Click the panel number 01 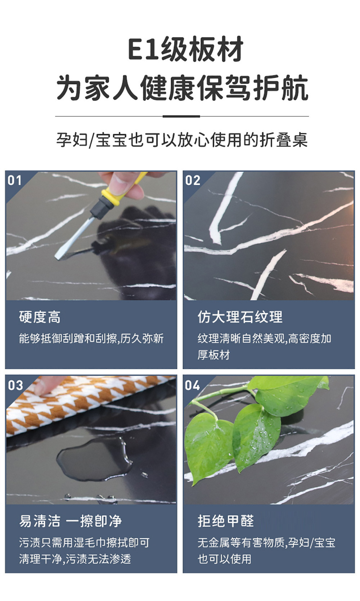[x=14, y=180]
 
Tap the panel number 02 [x=193, y=180]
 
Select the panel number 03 [x=15, y=385]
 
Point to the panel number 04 [x=193, y=385]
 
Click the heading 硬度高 [x=40, y=317]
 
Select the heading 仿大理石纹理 [x=240, y=317]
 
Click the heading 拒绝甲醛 [x=226, y=521]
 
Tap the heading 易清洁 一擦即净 [x=70, y=521]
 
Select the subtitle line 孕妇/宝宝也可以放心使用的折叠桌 [x=182, y=140]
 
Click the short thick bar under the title [x=181, y=116]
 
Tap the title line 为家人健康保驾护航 [x=182, y=88]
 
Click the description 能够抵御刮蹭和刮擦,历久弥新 [x=91, y=339]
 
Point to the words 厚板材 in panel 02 [x=214, y=355]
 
